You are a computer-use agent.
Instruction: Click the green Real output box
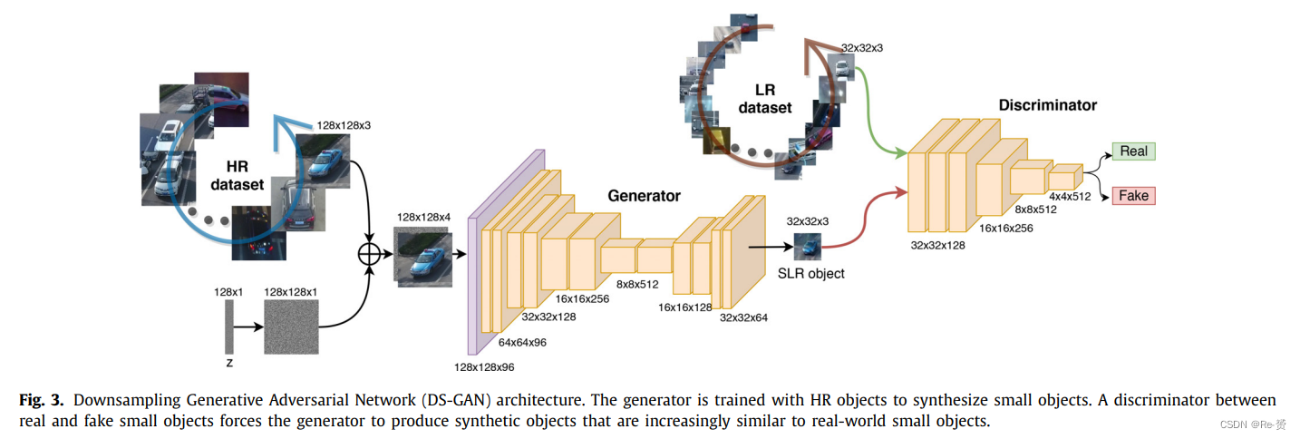(x=1133, y=151)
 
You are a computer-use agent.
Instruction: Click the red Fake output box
(x=1133, y=196)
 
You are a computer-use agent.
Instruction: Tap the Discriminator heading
(x=1047, y=105)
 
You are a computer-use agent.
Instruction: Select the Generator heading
(x=644, y=195)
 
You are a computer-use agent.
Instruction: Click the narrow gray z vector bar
(x=229, y=327)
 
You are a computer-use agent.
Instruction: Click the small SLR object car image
(x=808, y=246)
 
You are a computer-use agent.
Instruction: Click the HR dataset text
(x=238, y=176)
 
